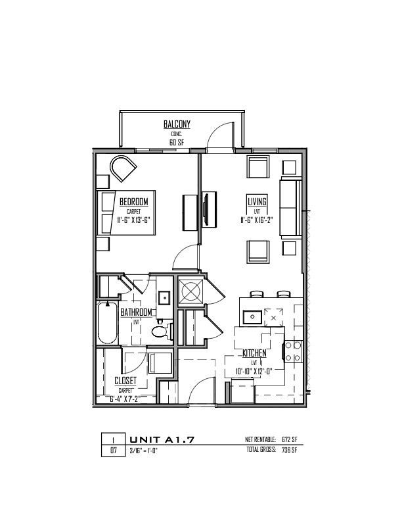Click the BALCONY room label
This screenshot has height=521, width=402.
pyautogui.click(x=177, y=124)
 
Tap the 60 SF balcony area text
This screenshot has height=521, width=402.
pyautogui.click(x=177, y=143)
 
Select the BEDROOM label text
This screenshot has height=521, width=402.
pyautogui.click(x=133, y=202)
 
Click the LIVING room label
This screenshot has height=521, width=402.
pyautogui.click(x=257, y=202)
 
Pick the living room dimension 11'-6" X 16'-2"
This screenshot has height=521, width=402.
pyautogui.click(x=257, y=220)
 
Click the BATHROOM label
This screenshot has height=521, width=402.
pyautogui.click(x=136, y=312)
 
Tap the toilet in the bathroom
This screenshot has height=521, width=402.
pyautogui.click(x=162, y=332)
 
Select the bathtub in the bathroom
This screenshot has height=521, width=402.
pyautogui.click(x=108, y=323)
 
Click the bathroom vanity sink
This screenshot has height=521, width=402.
pyautogui.click(x=164, y=297)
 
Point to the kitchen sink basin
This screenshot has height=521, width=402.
pyautogui.click(x=252, y=316)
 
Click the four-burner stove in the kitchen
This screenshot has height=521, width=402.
pyautogui.click(x=293, y=351)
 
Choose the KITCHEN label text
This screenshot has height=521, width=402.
pyautogui.click(x=254, y=353)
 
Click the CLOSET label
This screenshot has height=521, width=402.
pyautogui.click(x=125, y=380)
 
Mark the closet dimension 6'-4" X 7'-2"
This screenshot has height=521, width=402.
pyautogui.click(x=125, y=399)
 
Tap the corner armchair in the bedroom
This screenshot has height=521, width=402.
pyautogui.click(x=123, y=168)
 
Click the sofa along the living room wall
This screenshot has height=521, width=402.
pyautogui.click(x=290, y=208)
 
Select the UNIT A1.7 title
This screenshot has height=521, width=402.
pyautogui.click(x=162, y=439)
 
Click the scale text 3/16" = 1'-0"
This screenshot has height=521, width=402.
pyautogui.click(x=143, y=451)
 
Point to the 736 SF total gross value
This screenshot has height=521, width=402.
pyautogui.click(x=289, y=450)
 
